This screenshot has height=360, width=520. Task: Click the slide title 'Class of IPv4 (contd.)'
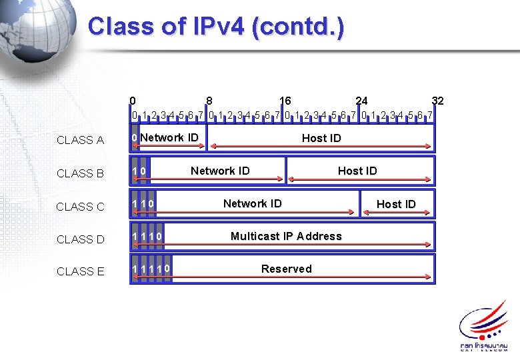pyautogui.click(x=216, y=27)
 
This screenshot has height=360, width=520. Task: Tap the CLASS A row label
pyautogui.click(x=80, y=140)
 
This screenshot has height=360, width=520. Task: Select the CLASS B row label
pyautogui.click(x=80, y=173)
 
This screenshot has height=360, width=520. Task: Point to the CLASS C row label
pyautogui.click(x=80, y=207)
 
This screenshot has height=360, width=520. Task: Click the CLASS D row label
pyautogui.click(x=80, y=239)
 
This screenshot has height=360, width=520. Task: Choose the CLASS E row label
pyautogui.click(x=80, y=271)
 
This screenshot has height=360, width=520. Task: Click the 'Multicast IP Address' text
pyautogui.click(x=286, y=236)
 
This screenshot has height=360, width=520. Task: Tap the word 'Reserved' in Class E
pyautogui.click(x=286, y=269)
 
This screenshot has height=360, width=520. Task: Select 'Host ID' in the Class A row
pyautogui.click(x=321, y=138)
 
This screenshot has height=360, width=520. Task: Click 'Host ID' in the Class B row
pyautogui.click(x=357, y=171)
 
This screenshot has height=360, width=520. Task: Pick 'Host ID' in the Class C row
pyautogui.click(x=396, y=204)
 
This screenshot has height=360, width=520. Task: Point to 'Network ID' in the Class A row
pyautogui.click(x=169, y=137)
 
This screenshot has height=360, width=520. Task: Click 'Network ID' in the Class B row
pyautogui.click(x=220, y=171)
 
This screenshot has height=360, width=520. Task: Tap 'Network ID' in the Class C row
pyautogui.click(x=252, y=203)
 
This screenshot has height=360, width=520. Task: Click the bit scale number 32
pyautogui.click(x=437, y=101)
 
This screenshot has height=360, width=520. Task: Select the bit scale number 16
pyautogui.click(x=285, y=101)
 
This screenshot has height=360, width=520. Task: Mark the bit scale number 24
pyautogui.click(x=361, y=101)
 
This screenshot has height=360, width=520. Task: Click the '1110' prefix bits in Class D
pyautogui.click(x=147, y=237)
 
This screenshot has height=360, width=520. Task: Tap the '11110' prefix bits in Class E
pyautogui.click(x=151, y=269)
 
